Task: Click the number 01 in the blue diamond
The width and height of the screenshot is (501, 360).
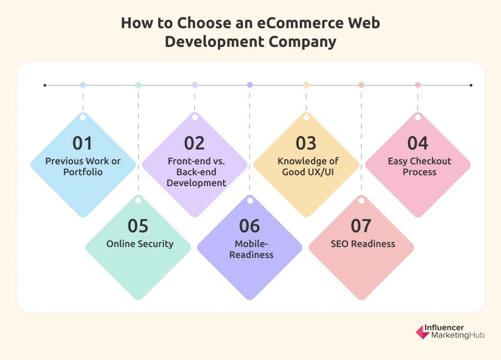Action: (83, 143)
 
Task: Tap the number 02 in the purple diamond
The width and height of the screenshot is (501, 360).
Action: (194, 143)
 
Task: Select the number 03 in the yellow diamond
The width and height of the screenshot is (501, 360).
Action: (306, 143)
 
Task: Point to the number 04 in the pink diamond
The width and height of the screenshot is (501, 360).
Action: (417, 143)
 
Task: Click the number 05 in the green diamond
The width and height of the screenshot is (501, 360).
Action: (138, 226)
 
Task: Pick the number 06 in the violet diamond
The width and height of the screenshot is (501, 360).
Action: (250, 226)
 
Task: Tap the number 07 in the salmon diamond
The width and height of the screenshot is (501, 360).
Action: (361, 226)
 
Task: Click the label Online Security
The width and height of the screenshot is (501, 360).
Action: (140, 244)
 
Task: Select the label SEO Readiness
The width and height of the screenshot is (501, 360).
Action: (363, 244)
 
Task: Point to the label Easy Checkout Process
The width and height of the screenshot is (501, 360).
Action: (419, 166)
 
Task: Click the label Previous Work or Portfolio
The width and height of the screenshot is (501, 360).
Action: (83, 166)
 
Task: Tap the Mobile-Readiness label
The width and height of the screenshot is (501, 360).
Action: (251, 249)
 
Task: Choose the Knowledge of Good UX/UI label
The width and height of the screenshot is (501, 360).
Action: (308, 166)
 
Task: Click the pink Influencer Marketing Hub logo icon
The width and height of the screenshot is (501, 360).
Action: (423, 332)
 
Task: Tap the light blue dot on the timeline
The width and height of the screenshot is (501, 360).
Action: (83, 85)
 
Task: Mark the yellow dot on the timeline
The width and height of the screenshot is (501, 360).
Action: (306, 85)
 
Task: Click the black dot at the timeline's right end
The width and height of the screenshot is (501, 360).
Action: (471, 86)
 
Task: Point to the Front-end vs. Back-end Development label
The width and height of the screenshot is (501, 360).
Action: (196, 172)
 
